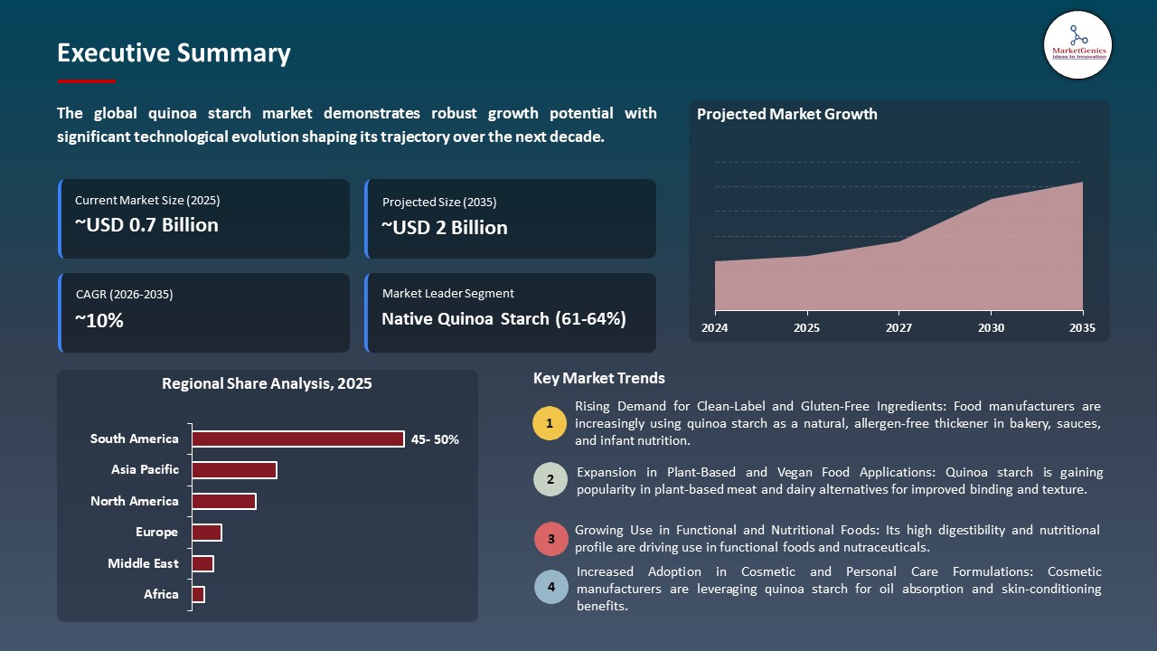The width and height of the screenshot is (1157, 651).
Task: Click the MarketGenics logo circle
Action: [x=1077, y=44]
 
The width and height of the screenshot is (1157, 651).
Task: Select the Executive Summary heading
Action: [x=174, y=53]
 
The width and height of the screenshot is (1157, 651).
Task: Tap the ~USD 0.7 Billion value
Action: [x=146, y=225]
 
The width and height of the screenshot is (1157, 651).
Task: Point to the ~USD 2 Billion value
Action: [x=445, y=228]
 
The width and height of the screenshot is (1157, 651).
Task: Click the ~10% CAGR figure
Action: [x=99, y=320]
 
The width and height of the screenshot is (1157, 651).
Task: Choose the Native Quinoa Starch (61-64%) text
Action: [x=503, y=319]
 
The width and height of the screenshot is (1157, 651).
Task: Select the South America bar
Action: [x=298, y=439]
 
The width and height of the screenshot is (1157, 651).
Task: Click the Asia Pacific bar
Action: [x=234, y=470]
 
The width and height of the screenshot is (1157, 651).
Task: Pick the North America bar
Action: [x=224, y=501]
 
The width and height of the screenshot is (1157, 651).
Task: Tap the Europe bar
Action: [x=207, y=533]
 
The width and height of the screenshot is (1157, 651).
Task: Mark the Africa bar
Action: [x=199, y=594]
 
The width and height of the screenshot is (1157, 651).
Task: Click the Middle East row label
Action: [x=143, y=563]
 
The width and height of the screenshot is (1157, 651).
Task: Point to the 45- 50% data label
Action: [x=435, y=439]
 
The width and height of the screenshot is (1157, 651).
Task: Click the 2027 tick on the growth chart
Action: [x=898, y=327]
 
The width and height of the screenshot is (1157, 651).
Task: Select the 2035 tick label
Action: [x=1082, y=327]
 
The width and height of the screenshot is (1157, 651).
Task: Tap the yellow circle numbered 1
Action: [x=550, y=423]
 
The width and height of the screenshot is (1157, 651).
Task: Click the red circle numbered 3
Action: [x=550, y=539]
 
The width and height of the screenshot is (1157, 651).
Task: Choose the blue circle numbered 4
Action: [x=550, y=587]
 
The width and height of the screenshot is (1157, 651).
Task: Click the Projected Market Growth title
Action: [x=786, y=114]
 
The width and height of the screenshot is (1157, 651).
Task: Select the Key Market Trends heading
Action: [x=599, y=379]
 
